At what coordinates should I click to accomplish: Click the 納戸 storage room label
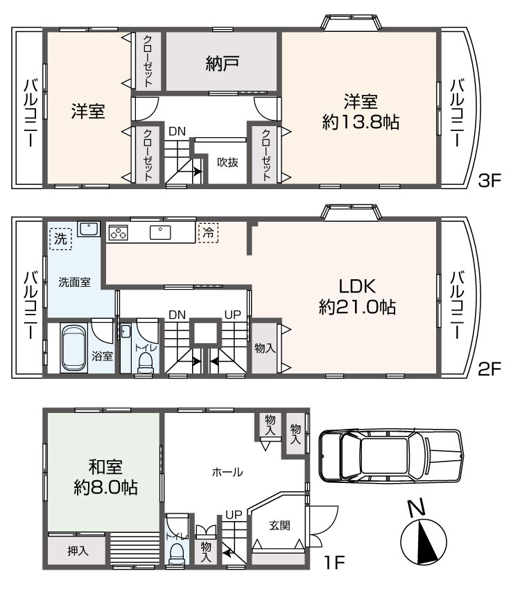pos(222,64)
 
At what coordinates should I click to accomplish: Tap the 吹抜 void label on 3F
pos(227,163)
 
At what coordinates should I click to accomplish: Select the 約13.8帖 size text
pos(361,123)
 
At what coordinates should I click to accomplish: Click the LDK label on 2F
pos(357,287)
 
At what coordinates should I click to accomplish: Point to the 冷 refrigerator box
pos(208,233)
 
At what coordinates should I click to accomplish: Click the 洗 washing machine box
pos(60,239)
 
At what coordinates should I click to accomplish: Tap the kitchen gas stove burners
pos(119,233)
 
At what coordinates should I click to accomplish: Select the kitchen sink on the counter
pos(160,233)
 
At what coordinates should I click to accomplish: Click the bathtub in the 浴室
pos(74,349)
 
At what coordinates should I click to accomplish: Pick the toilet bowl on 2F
pos(146,364)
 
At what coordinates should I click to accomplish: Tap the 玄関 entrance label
pos(279,525)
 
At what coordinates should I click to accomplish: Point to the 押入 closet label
pos(78,551)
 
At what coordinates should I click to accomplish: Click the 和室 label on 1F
pos(105,467)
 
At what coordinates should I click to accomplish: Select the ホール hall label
pos(227,472)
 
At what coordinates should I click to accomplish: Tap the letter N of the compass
pos(417,507)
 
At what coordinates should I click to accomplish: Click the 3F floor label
pos(490,181)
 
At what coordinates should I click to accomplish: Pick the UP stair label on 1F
pos(234,515)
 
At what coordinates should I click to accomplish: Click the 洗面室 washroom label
pos(74,282)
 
